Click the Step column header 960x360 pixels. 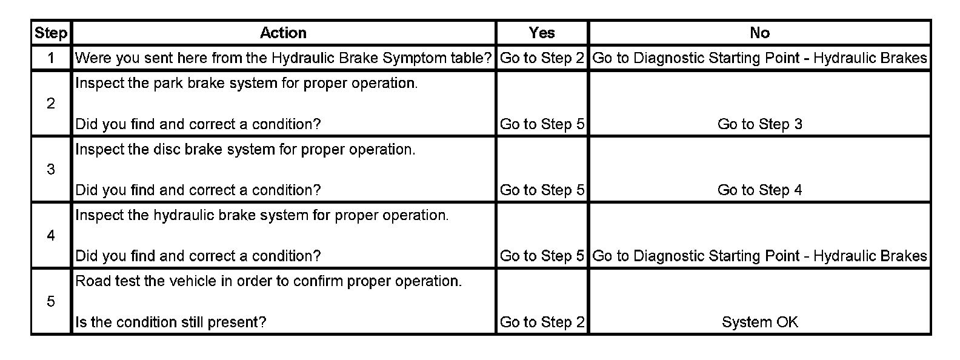[x=51, y=33]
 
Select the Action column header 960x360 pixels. [x=283, y=33]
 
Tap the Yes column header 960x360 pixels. [x=541, y=33]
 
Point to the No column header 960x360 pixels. [x=759, y=33]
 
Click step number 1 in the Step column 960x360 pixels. [x=51, y=58]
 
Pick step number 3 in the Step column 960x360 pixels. [x=51, y=170]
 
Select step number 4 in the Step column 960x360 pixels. [x=51, y=236]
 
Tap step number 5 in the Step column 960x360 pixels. [x=51, y=302]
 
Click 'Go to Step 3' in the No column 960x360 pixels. [x=759, y=124]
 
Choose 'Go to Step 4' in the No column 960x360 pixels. [x=759, y=190]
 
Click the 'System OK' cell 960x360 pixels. [x=759, y=322]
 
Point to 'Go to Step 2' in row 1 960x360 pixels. [x=542, y=58]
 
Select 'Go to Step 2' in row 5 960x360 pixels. [x=542, y=322]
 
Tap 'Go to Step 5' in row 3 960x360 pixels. [x=542, y=190]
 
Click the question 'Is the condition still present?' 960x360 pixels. [x=170, y=322]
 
